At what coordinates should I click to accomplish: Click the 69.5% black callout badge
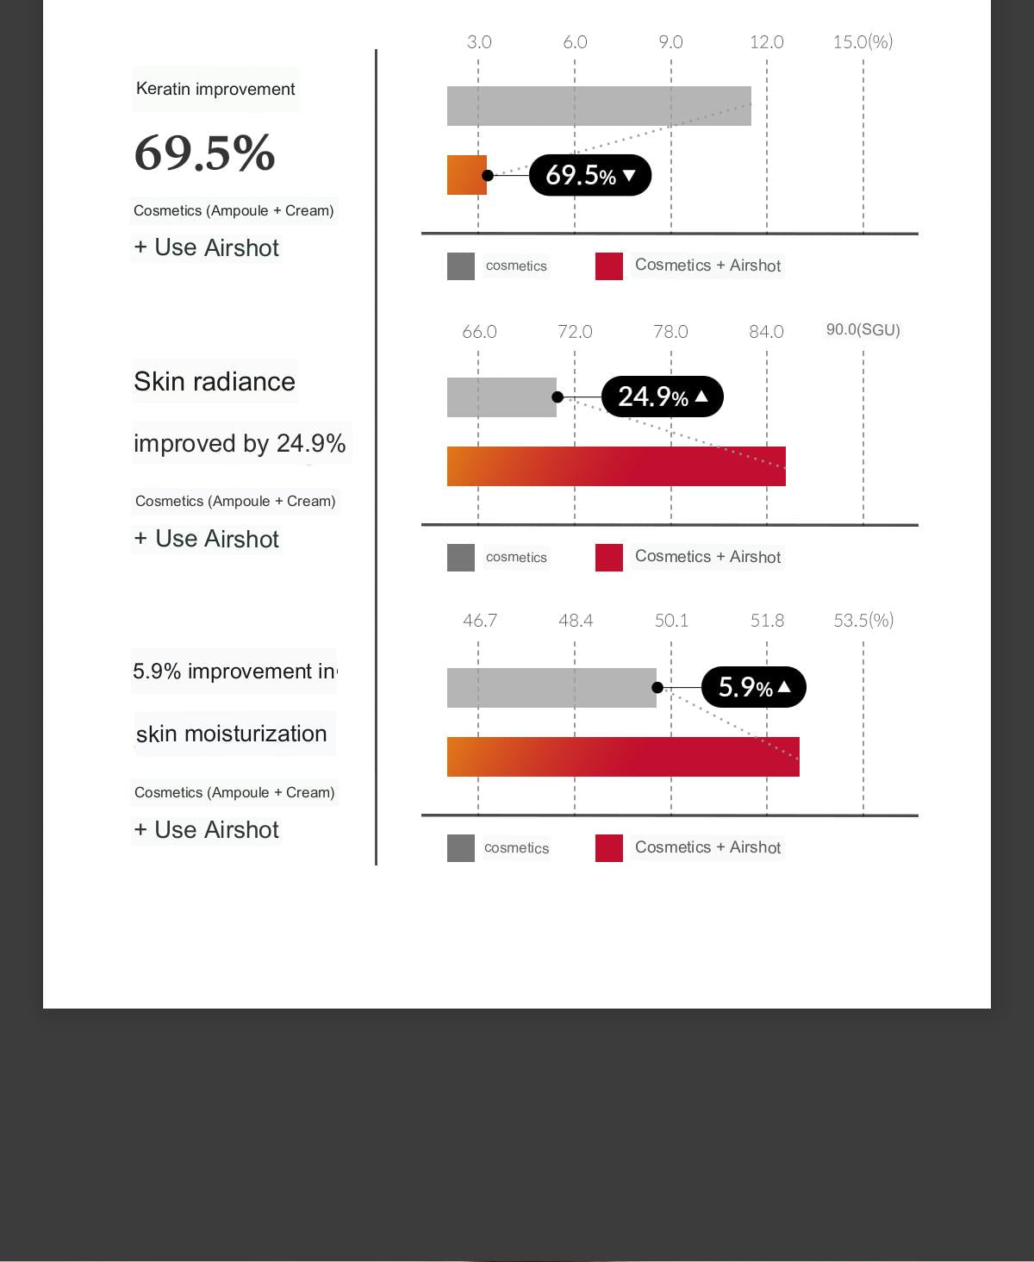[x=589, y=175]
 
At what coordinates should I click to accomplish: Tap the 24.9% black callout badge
[x=662, y=397]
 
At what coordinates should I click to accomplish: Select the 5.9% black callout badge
[x=753, y=687]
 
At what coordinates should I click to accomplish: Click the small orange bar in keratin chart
[x=466, y=175]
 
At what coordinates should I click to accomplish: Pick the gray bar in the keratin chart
[x=599, y=106]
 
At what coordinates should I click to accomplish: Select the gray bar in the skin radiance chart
[x=501, y=397]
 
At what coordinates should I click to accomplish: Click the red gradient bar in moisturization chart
[x=623, y=757]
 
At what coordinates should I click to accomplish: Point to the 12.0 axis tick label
[x=766, y=42]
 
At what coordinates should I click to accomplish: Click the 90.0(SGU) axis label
[x=863, y=330]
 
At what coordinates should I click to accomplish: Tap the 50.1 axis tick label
[x=671, y=621]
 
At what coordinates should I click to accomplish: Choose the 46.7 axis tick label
[x=480, y=621]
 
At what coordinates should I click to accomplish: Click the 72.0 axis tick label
[x=575, y=332]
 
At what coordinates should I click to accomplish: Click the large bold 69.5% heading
[x=204, y=153]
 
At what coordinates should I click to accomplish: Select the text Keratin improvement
[x=215, y=89]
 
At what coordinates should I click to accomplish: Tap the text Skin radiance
[x=215, y=381]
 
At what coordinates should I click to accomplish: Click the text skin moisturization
[x=232, y=734]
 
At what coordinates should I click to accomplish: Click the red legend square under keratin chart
[x=609, y=266]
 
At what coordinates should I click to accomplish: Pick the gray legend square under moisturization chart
[x=461, y=848]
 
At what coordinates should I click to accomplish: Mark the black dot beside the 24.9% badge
[x=557, y=397]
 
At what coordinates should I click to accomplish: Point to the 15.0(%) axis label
[x=863, y=42]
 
